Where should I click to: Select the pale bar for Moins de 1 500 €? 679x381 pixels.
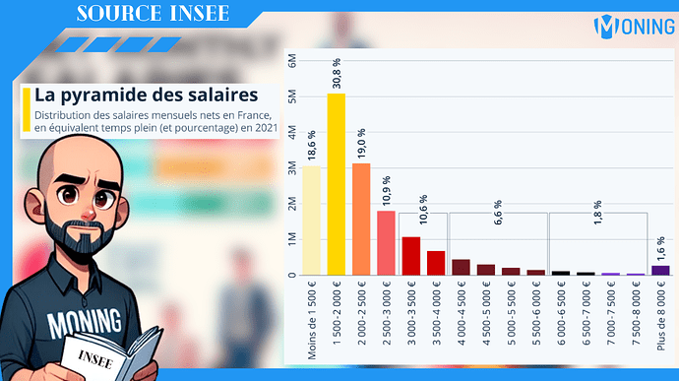click(310, 221)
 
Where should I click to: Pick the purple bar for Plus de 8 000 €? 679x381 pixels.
click(661, 270)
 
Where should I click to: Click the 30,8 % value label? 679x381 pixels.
click(337, 74)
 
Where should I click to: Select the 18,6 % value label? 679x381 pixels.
click(311, 146)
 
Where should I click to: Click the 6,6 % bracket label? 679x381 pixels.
click(498, 196)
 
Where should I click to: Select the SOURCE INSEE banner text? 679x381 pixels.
click(152, 14)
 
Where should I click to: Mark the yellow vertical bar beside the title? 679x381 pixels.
click(25, 109)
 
